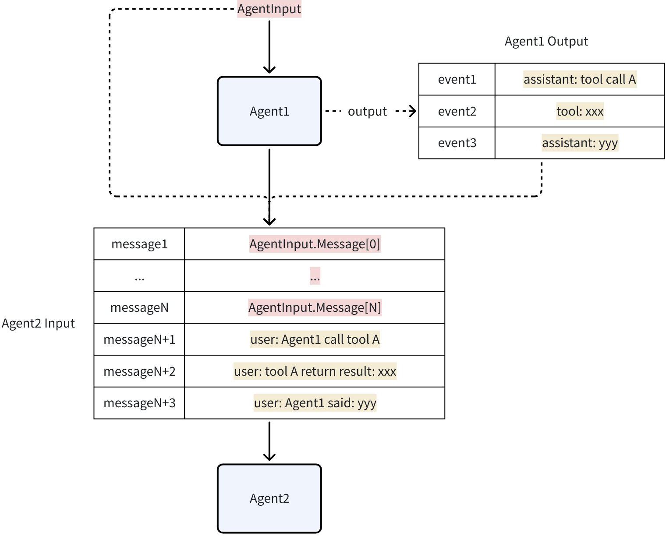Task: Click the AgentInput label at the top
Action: point(269,9)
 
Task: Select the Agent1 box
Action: point(269,111)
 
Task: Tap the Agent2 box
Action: point(269,498)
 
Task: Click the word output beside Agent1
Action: point(367,112)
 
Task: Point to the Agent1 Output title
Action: point(546,42)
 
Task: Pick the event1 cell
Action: point(457,80)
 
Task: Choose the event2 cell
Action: point(457,112)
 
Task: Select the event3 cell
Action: point(457,143)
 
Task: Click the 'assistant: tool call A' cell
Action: point(579,80)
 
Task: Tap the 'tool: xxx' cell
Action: point(580,112)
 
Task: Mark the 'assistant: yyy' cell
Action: point(580,143)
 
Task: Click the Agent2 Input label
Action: point(38,324)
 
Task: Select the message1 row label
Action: point(139,244)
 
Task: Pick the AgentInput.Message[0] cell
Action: point(315,244)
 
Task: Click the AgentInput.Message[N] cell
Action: point(315,308)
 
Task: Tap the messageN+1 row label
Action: point(139,340)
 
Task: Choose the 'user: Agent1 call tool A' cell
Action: point(315,340)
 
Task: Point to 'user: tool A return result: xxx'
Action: point(315,372)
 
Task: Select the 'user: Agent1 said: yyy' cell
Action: point(315,403)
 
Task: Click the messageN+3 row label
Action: point(139,403)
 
